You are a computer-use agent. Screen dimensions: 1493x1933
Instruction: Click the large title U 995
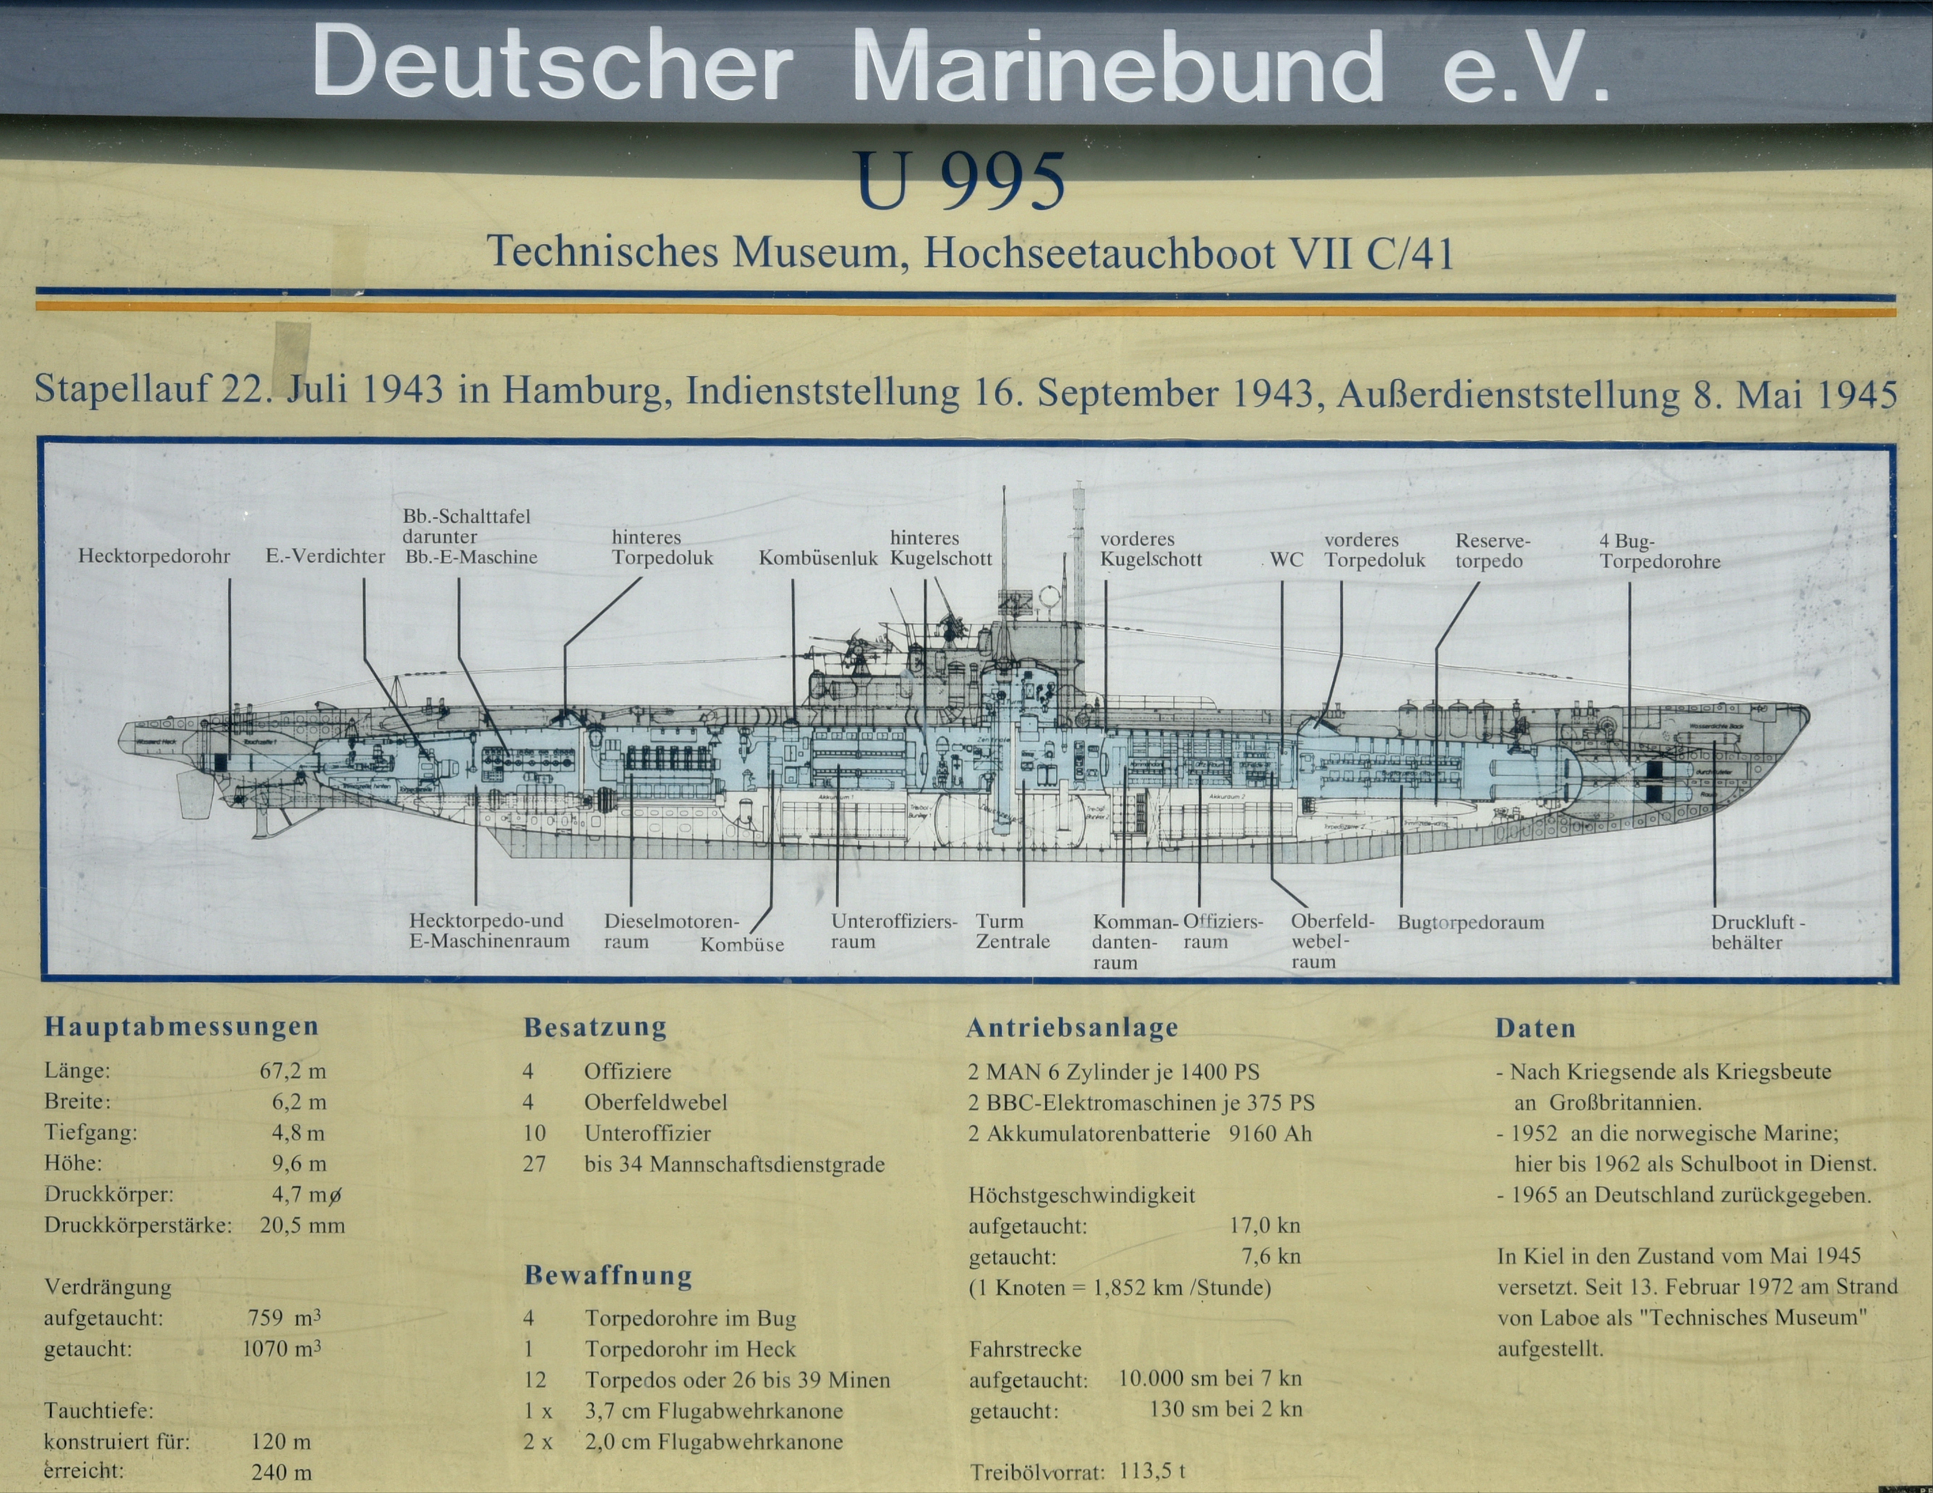tap(960, 181)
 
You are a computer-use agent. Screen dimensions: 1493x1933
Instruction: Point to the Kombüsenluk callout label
tap(818, 558)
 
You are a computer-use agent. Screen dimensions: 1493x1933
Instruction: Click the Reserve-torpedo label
tap(1492, 551)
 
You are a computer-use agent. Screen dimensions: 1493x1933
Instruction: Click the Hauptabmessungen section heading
tap(181, 1027)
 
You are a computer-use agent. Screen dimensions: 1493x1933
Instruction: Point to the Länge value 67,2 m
tap(293, 1071)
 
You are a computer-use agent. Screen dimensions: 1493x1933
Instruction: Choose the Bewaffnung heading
tap(608, 1276)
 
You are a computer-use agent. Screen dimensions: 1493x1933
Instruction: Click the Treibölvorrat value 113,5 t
tap(1152, 1471)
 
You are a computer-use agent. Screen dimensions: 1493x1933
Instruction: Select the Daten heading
tap(1536, 1029)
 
